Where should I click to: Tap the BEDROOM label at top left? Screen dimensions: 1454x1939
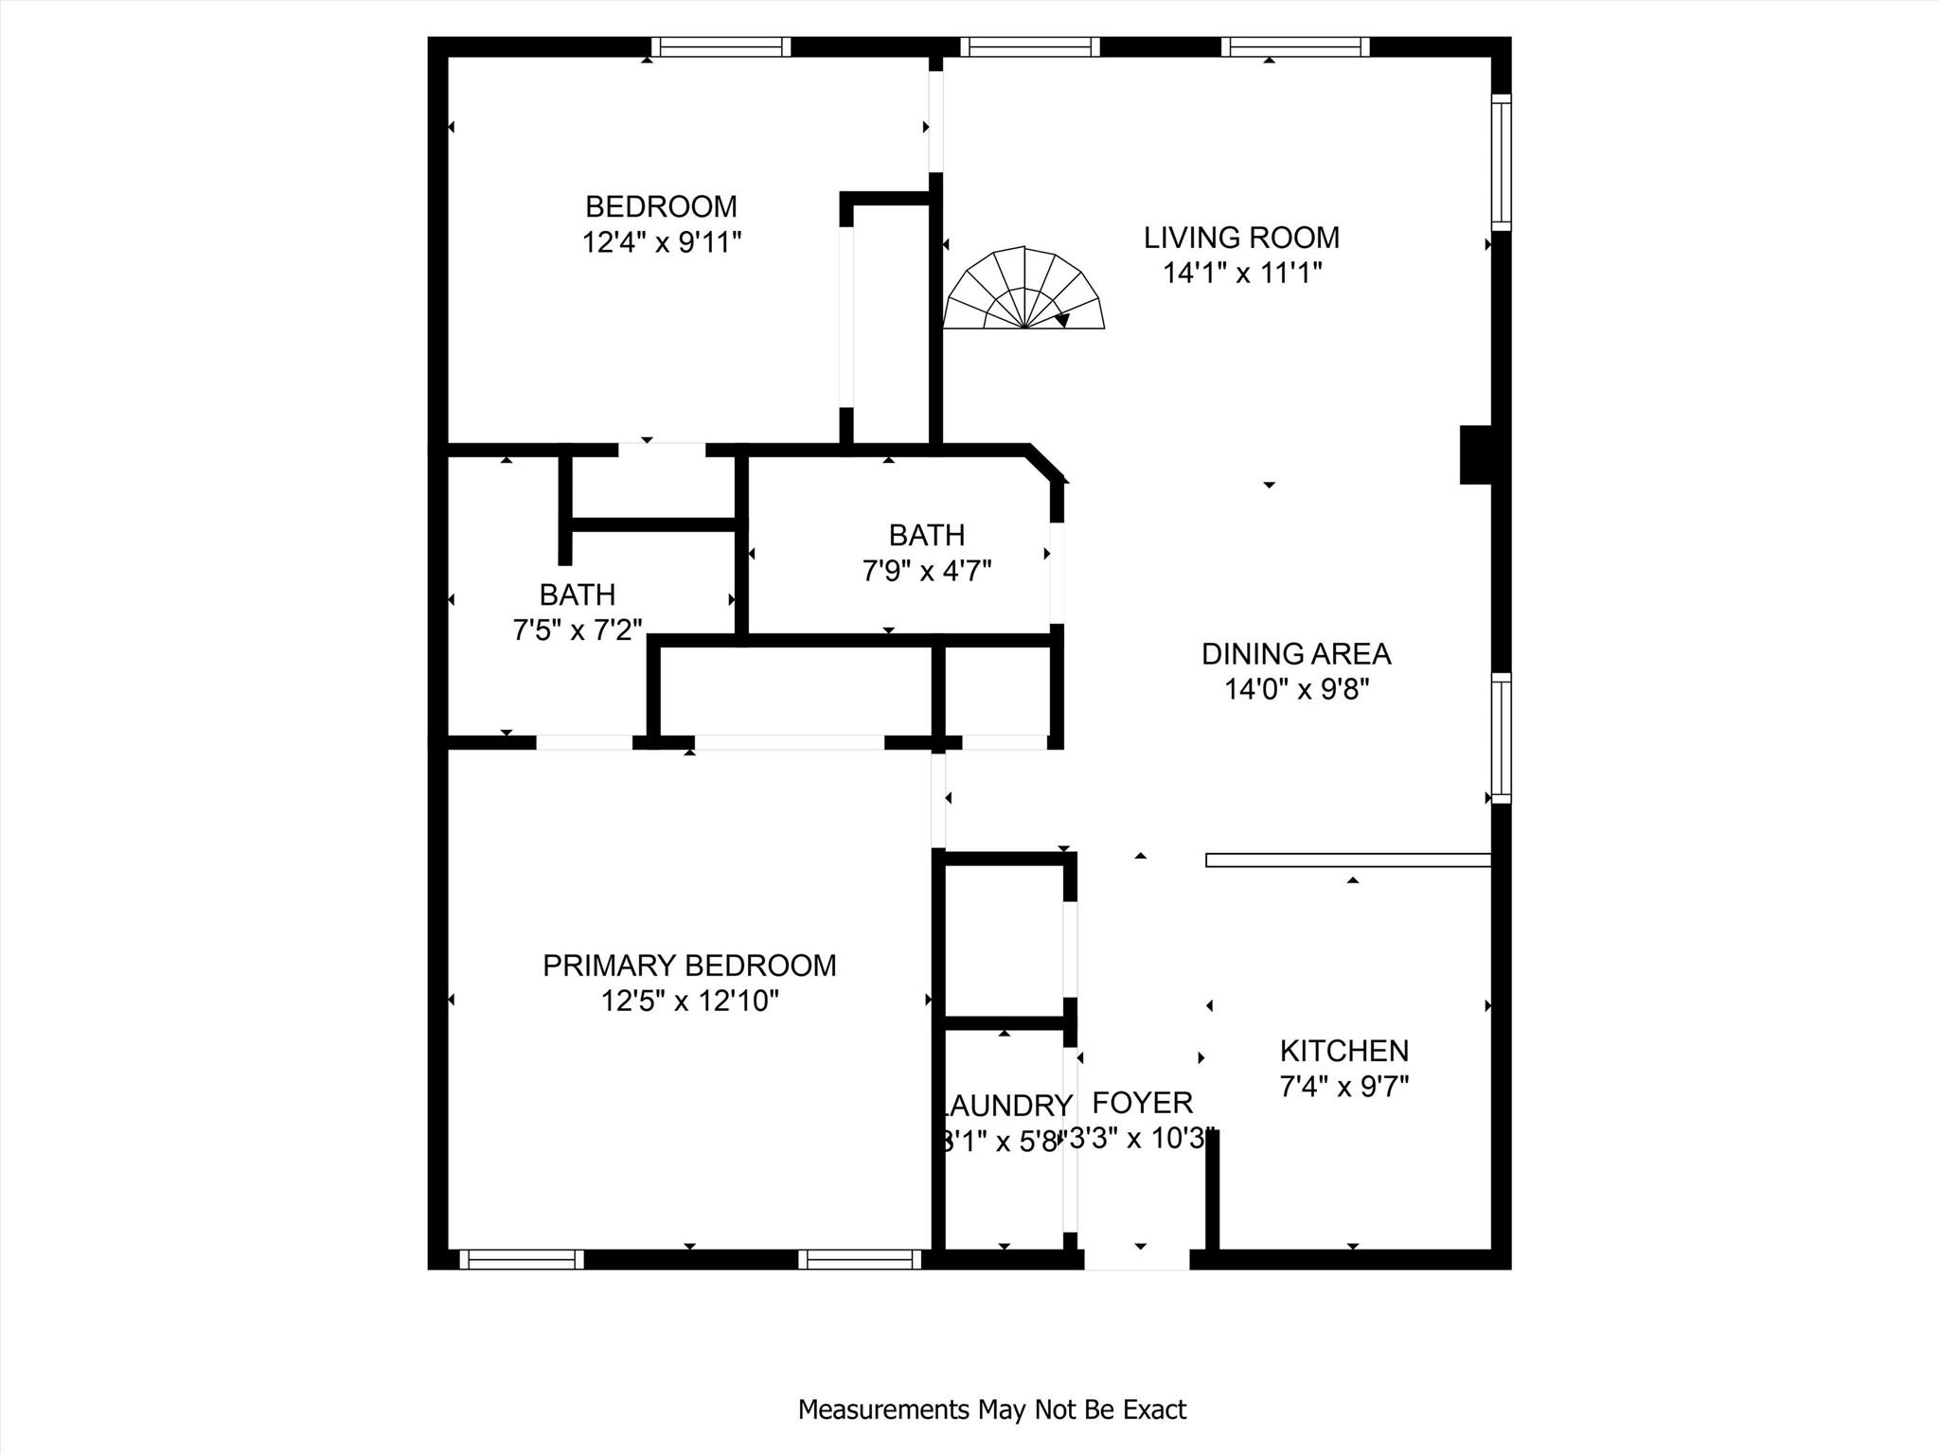click(661, 206)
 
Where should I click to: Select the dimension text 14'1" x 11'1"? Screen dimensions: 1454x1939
click(1241, 274)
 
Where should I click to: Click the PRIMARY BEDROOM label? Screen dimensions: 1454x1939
click(689, 966)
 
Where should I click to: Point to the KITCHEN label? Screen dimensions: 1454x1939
click(1343, 1051)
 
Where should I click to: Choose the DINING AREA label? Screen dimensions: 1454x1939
click(1295, 654)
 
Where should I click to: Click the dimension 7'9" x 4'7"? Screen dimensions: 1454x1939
click(926, 572)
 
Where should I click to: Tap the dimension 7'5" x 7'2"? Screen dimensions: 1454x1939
click(578, 630)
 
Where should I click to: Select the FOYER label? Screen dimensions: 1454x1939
click(1142, 1103)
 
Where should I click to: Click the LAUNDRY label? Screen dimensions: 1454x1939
click(1005, 1106)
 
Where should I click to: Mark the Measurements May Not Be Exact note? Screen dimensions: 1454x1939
click(991, 1410)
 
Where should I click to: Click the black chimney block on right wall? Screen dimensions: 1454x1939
click(1475, 454)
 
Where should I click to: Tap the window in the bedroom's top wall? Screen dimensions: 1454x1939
click(720, 47)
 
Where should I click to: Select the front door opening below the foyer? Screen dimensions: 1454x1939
click(1136, 1259)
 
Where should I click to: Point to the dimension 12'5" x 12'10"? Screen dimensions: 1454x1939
click(689, 1002)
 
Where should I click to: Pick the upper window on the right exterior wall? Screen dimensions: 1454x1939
click(1502, 161)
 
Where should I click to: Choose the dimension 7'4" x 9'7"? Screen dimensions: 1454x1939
click(1343, 1087)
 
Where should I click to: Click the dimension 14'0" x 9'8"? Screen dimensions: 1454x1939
click(1296, 690)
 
